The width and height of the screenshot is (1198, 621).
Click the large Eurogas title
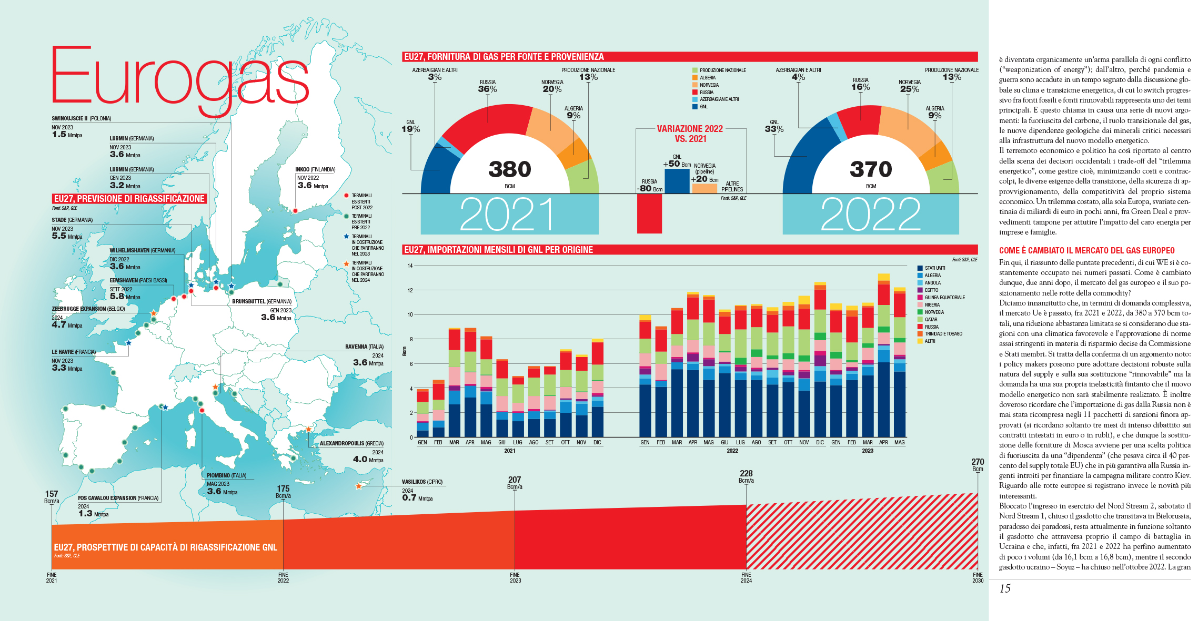click(x=179, y=76)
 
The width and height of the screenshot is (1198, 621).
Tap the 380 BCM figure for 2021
click(x=509, y=169)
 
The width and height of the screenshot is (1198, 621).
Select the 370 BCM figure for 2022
click(x=871, y=169)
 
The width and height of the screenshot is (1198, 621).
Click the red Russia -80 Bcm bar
click(x=649, y=213)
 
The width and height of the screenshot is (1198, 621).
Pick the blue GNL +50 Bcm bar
click(x=677, y=181)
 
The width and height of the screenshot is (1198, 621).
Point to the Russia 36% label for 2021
click(x=487, y=87)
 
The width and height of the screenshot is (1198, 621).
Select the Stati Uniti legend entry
click(x=934, y=268)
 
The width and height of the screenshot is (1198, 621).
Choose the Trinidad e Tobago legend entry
click(x=943, y=334)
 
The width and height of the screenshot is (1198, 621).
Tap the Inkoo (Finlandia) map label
click(x=315, y=169)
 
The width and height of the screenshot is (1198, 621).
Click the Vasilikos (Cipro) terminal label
click(x=422, y=482)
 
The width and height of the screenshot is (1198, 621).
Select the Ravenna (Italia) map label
click(x=364, y=347)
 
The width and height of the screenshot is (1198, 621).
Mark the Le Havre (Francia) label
click(x=73, y=352)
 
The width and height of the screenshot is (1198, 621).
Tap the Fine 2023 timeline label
click(x=515, y=577)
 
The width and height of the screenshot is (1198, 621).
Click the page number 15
click(x=1005, y=589)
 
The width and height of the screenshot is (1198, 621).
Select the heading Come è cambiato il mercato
click(x=1086, y=251)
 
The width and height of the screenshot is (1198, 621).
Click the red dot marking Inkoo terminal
click(x=295, y=211)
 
